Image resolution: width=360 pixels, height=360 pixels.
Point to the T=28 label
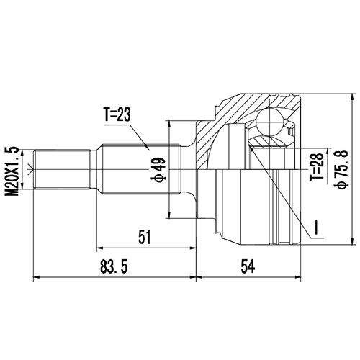click(315, 168)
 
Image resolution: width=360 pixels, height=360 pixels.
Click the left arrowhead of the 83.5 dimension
click(36, 277)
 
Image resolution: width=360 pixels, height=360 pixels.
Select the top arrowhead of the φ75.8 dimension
click(352, 99)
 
